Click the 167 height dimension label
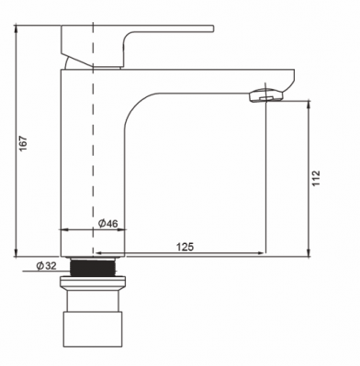coord(23,143)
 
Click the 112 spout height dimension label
coord(316,178)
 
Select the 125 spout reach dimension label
coord(185,247)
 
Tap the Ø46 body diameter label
coord(107,224)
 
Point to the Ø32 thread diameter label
coord(47,266)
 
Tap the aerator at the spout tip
coord(266,94)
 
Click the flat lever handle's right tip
coord(212,28)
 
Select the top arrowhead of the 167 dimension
coord(16,28)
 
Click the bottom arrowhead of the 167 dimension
coord(16,254)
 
